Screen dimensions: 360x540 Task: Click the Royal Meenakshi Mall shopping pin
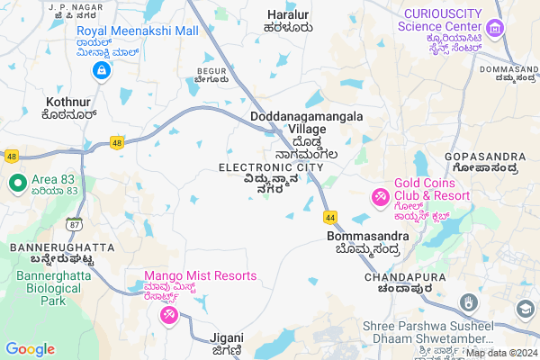coord(103,69)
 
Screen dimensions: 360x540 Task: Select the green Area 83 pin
coord(16,184)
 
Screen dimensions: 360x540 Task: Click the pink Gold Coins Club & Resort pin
coord(381,195)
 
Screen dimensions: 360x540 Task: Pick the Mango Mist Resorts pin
coord(168,315)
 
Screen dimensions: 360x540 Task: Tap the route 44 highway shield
coord(331,217)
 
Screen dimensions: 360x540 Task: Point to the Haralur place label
coord(289,14)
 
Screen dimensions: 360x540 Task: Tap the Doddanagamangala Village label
coord(307,123)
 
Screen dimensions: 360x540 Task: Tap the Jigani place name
coord(227,337)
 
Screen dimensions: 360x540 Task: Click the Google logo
coord(30,349)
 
